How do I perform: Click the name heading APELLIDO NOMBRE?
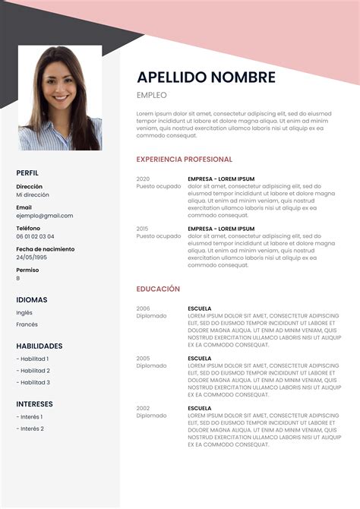(206, 77)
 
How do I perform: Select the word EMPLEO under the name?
(151, 95)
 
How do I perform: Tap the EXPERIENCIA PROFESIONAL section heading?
(184, 160)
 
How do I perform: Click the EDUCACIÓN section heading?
(158, 289)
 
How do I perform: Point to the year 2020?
(143, 179)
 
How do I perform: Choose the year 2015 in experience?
(143, 228)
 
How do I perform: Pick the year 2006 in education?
(143, 308)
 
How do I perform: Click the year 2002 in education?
(143, 408)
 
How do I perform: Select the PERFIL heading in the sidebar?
(27, 173)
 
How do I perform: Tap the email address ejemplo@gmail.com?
(45, 215)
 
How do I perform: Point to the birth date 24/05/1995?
(31, 257)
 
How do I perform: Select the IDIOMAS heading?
(32, 299)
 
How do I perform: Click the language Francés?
(27, 324)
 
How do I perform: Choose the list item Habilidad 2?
(34, 371)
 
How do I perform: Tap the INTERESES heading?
(34, 404)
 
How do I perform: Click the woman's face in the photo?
(60, 81)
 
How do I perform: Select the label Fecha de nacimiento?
(45, 249)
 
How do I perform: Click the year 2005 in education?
(143, 358)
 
